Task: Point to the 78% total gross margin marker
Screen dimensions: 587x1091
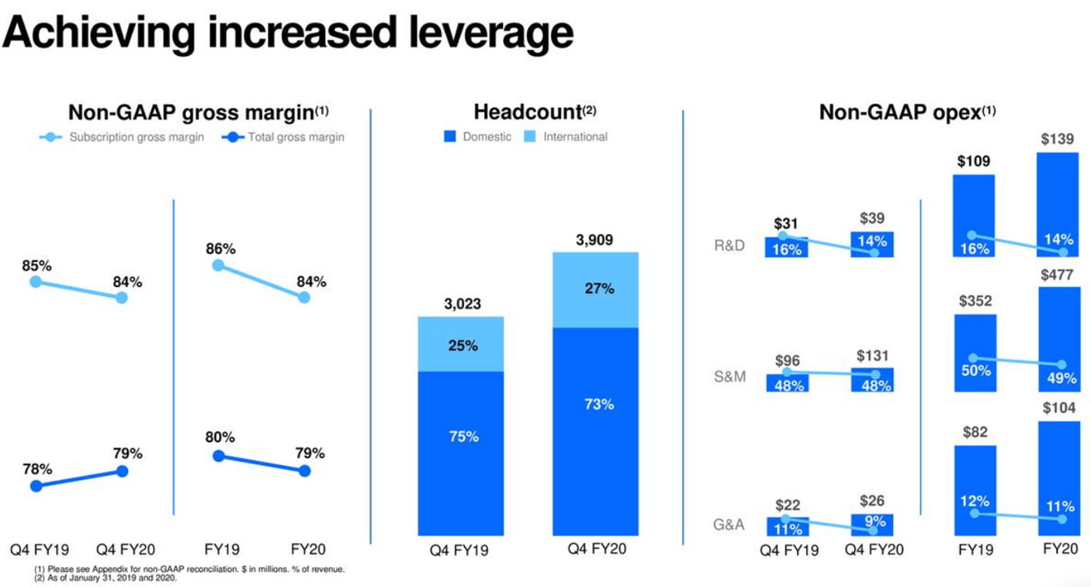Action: click(36, 486)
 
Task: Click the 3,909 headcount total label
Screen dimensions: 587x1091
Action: click(594, 240)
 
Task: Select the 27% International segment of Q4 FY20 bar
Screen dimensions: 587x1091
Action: click(595, 290)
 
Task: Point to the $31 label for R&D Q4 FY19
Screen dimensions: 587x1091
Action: click(786, 224)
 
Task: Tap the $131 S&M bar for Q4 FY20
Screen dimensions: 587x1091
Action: click(872, 380)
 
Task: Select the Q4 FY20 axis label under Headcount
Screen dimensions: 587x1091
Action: click(594, 549)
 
